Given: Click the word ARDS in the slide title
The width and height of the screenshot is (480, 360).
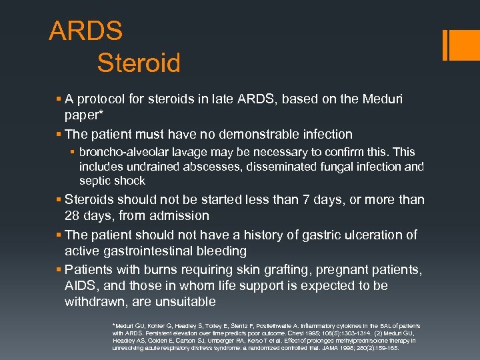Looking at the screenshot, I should click(86, 31).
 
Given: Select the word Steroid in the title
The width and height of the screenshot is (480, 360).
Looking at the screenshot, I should click(139, 63).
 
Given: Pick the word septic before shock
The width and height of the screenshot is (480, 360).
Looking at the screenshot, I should click(94, 181).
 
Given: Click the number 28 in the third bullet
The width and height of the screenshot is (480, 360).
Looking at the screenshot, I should click(73, 216).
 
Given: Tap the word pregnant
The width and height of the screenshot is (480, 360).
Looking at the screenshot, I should click(347, 269).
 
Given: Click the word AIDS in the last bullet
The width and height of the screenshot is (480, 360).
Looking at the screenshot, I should click(80, 286).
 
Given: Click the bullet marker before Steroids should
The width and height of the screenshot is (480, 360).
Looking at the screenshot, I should click(59, 200).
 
